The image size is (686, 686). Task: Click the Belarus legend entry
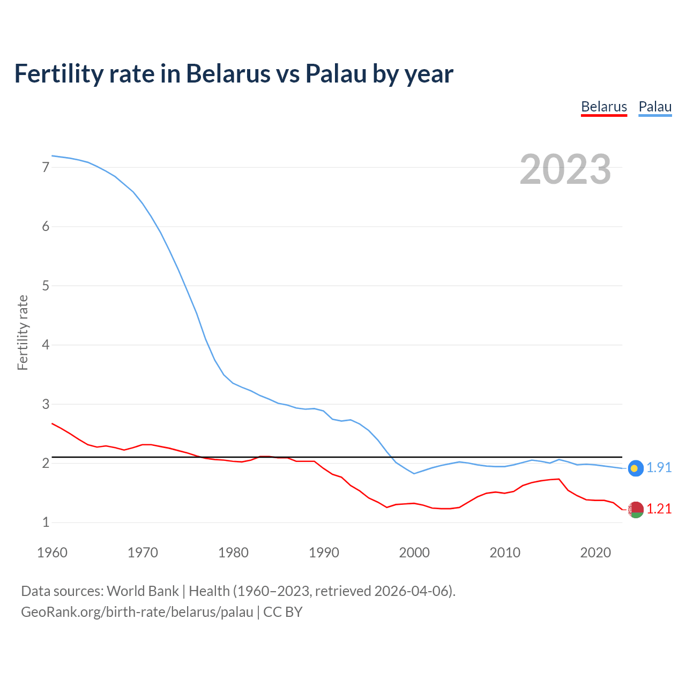(x=604, y=107)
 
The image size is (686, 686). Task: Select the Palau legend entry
(x=655, y=107)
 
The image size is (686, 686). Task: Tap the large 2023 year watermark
(x=565, y=169)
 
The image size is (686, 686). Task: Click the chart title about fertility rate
(x=234, y=73)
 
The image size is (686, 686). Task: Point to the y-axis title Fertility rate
(x=23, y=332)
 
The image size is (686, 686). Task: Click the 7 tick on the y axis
(x=46, y=167)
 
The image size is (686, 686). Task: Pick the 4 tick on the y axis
(x=46, y=345)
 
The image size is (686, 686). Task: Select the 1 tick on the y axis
(x=46, y=522)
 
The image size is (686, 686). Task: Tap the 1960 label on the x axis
(x=52, y=553)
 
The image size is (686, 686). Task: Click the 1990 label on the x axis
(x=324, y=553)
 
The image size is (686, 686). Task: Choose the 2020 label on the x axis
(x=595, y=553)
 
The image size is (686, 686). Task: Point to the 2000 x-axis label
(x=414, y=553)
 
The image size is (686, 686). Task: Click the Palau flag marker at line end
(x=635, y=468)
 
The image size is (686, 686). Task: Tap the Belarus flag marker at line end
(x=636, y=510)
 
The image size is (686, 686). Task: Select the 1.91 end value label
(x=659, y=468)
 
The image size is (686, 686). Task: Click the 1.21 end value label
(x=659, y=509)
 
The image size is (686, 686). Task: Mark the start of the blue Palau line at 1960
(x=52, y=155)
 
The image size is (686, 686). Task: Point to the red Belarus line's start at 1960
(x=52, y=423)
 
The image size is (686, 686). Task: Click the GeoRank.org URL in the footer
(x=137, y=612)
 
